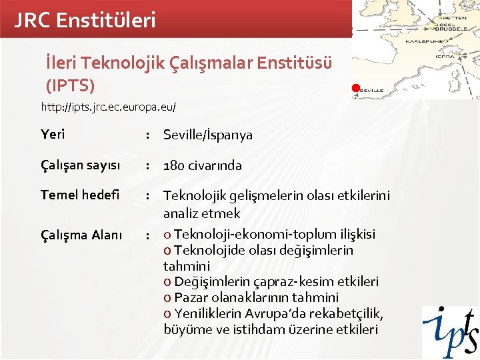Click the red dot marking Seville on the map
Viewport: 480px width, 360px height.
(x=356, y=88)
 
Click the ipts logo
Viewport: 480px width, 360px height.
(x=449, y=331)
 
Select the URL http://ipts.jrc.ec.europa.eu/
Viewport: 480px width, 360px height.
(x=109, y=107)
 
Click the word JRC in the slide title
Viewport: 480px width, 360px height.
(x=33, y=20)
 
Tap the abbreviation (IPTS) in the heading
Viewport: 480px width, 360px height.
(x=69, y=86)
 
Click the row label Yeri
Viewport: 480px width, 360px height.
(x=53, y=135)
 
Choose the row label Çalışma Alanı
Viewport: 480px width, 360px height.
(x=81, y=235)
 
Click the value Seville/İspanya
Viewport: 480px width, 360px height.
(x=208, y=135)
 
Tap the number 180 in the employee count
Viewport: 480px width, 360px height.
(x=175, y=165)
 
